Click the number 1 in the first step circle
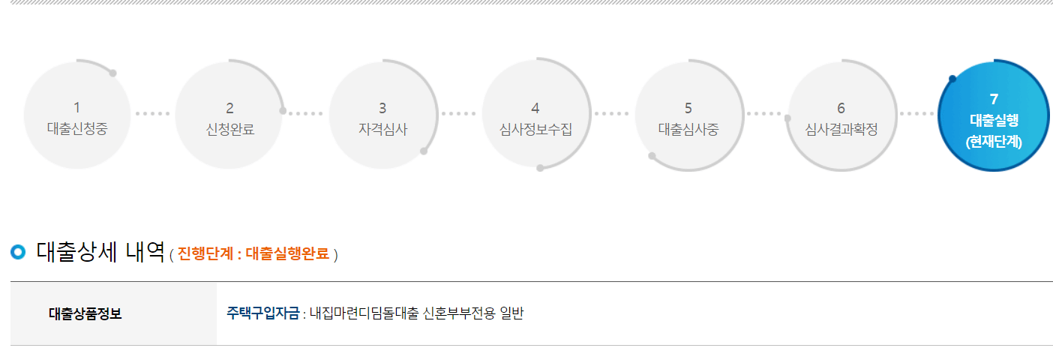(x=76, y=108)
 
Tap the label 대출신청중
(x=76, y=128)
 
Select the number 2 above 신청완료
(x=229, y=108)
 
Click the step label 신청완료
(x=229, y=128)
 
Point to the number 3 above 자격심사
(x=382, y=108)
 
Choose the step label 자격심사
(x=382, y=128)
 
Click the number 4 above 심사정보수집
(x=535, y=108)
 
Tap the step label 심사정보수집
(x=535, y=128)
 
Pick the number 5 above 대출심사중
(x=688, y=108)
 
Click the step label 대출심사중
(x=688, y=128)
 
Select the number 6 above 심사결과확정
(x=841, y=108)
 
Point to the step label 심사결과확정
(x=841, y=128)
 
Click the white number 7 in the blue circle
(x=994, y=99)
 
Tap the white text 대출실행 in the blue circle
(x=994, y=119)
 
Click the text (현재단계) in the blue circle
(x=994, y=140)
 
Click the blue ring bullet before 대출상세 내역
(x=18, y=252)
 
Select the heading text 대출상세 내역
(x=100, y=252)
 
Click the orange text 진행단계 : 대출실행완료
(x=253, y=254)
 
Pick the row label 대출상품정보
(x=85, y=313)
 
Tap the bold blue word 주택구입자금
(x=262, y=313)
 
